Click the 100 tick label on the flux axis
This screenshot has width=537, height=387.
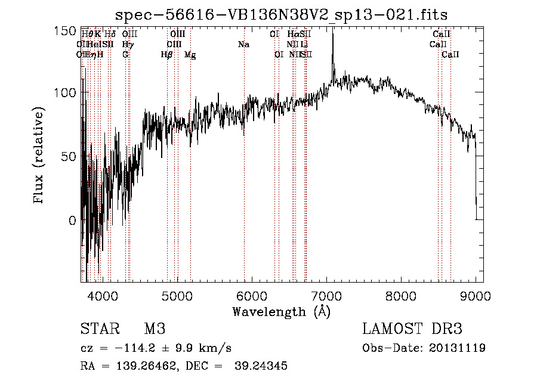[x=66, y=92]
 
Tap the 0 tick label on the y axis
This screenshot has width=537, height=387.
[x=72, y=220]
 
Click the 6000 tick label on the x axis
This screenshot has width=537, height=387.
[x=252, y=296]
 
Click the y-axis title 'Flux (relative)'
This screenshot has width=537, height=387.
[x=40, y=156]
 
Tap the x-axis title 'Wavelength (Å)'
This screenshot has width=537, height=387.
[x=281, y=311]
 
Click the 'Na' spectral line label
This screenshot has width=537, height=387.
[x=243, y=44]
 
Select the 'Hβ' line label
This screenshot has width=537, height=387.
[x=167, y=54]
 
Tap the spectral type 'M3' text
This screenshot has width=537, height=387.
[x=155, y=329]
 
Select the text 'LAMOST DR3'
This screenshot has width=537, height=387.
[x=412, y=329]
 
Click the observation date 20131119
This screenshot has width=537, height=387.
[x=458, y=348]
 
